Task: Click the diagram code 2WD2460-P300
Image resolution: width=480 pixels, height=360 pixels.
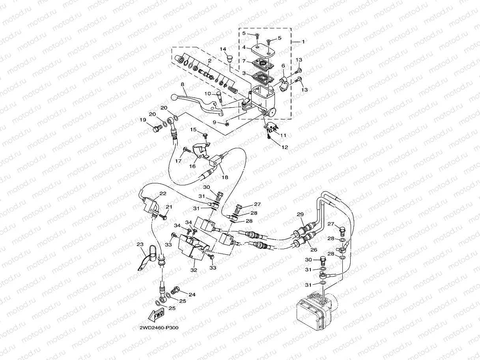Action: coord(159,328)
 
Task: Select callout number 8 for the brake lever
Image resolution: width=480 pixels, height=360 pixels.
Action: coord(183,84)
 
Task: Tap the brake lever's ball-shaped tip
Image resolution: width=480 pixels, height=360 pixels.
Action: coord(175,97)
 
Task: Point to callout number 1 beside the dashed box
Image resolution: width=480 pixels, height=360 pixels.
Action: coord(303,41)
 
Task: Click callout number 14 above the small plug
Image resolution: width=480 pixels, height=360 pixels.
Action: coord(223,49)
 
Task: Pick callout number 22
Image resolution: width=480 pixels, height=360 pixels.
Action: coord(162,194)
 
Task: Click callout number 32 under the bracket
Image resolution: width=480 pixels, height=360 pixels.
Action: coord(193,270)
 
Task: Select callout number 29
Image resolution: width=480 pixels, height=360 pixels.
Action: coord(300,214)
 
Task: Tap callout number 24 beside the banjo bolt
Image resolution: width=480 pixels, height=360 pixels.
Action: coord(192,294)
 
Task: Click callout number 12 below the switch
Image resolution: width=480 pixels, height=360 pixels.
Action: coord(285,147)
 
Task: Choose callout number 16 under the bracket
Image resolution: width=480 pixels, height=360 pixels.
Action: coord(192,166)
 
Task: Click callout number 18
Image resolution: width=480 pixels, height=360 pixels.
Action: coord(225,178)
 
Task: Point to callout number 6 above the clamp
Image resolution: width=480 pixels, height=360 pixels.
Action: coord(283,65)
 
